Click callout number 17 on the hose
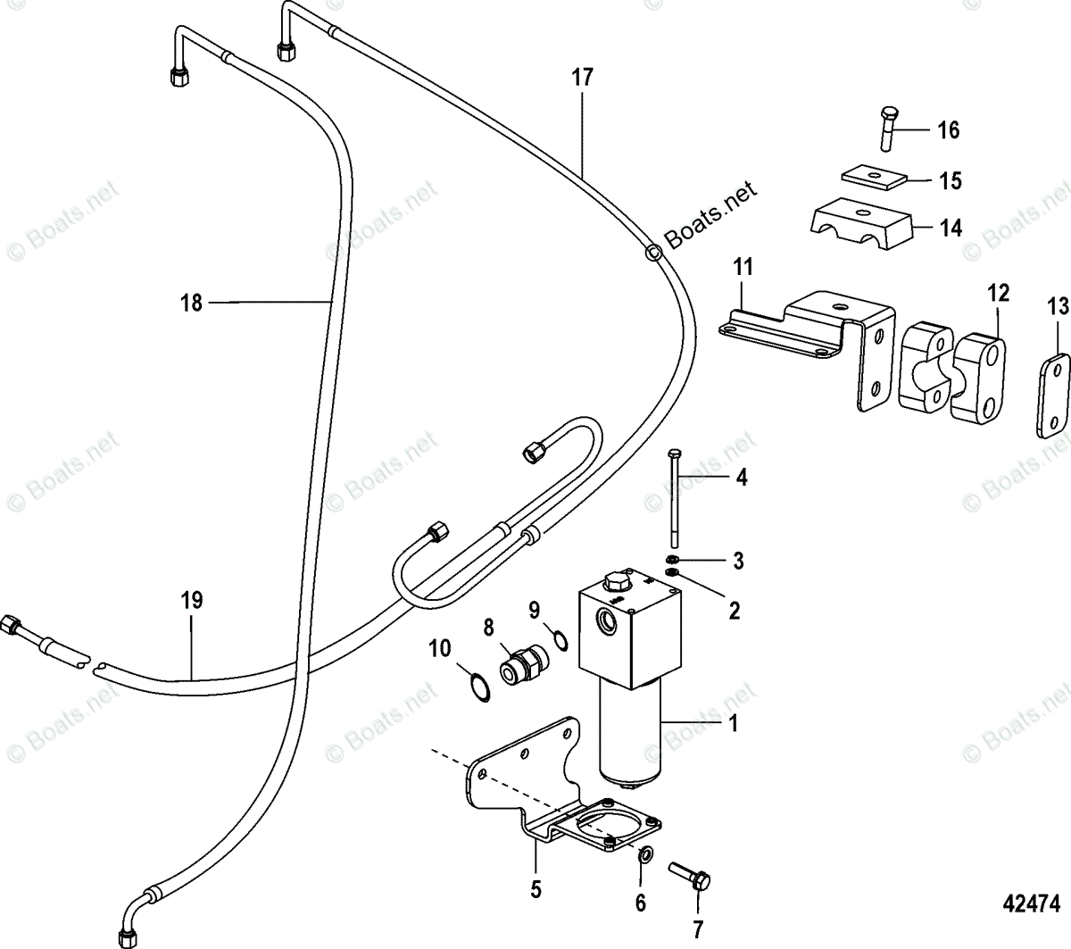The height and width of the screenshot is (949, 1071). click(582, 78)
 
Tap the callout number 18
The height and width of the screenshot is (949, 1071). click(191, 303)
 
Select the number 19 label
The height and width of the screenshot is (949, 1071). click(191, 600)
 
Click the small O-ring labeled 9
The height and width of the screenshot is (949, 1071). click(560, 639)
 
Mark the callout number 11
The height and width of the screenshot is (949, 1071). click(744, 266)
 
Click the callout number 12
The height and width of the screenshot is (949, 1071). click(998, 292)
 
